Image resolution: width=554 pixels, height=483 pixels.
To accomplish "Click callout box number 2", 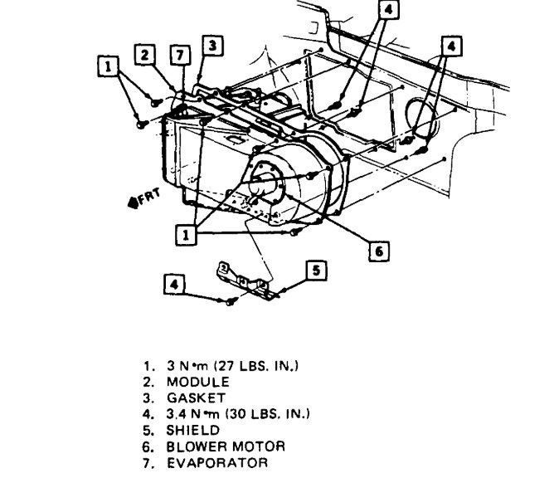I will coord(145,55).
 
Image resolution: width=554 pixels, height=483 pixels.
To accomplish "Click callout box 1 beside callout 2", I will coord(106,62).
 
